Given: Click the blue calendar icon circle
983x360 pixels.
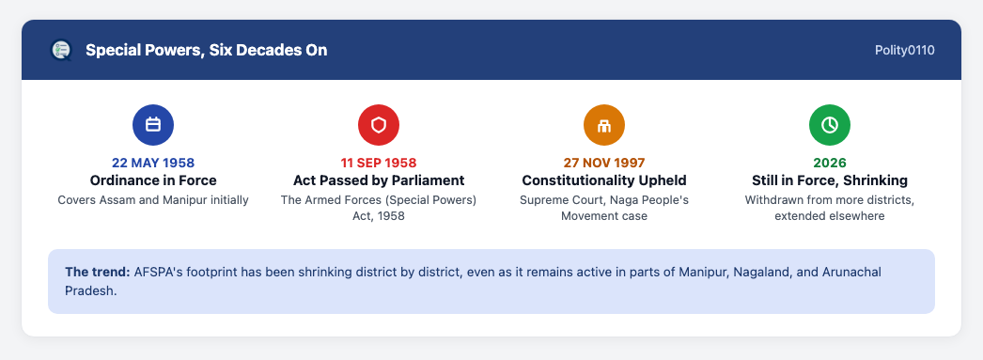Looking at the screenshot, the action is pos(153,125).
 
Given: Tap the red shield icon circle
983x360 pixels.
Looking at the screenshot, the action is pos(379,125).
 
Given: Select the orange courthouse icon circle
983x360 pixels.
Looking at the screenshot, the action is pos(604,125).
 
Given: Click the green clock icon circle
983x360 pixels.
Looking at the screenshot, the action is pos(830,125).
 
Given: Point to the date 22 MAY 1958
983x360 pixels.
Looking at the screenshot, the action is pos(153,163).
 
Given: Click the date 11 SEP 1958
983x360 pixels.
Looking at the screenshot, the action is pos(379,163).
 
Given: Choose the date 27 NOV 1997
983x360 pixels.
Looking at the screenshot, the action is pos(604,163).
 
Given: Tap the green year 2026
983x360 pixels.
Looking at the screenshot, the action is pos(830,163).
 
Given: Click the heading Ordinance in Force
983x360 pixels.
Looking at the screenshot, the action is pos(153,180).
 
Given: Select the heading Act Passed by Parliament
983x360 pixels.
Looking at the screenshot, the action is pos(379,180).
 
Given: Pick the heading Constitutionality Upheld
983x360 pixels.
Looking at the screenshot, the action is pos(604,180).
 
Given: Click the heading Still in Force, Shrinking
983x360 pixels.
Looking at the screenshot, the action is pos(830,180).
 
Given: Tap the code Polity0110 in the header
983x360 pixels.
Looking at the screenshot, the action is pos(905,50).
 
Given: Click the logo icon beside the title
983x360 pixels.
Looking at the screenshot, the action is pos(61,50).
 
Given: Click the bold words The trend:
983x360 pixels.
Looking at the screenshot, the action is pos(97,273).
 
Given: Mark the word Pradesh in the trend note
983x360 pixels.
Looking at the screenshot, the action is pos(91,291).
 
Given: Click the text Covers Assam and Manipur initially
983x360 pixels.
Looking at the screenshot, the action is pos(153,200).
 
